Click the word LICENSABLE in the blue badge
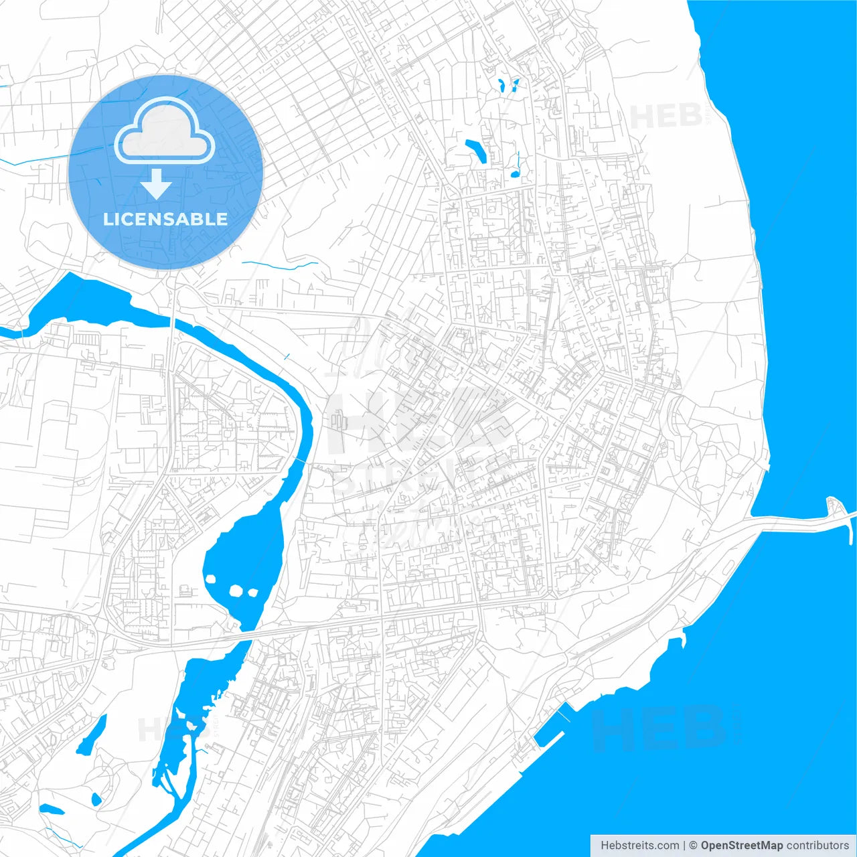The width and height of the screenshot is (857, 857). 165,219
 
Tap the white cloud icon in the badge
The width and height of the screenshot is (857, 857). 165,133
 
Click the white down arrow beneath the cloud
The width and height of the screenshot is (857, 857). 157,185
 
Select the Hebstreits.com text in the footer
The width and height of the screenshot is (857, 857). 639,846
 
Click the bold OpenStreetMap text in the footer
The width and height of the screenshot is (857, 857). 741,846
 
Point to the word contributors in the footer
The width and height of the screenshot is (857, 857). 817,846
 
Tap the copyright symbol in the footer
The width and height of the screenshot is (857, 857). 694,846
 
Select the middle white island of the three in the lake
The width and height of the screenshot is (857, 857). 236,591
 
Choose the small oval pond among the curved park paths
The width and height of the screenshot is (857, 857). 96,799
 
